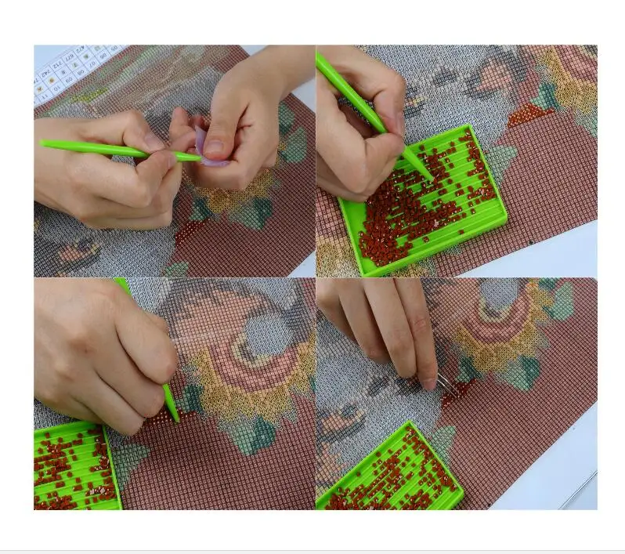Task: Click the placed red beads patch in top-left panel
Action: pos(188,231)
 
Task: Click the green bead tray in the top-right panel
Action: pos(419,235)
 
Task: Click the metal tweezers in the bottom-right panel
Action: pos(443,382)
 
